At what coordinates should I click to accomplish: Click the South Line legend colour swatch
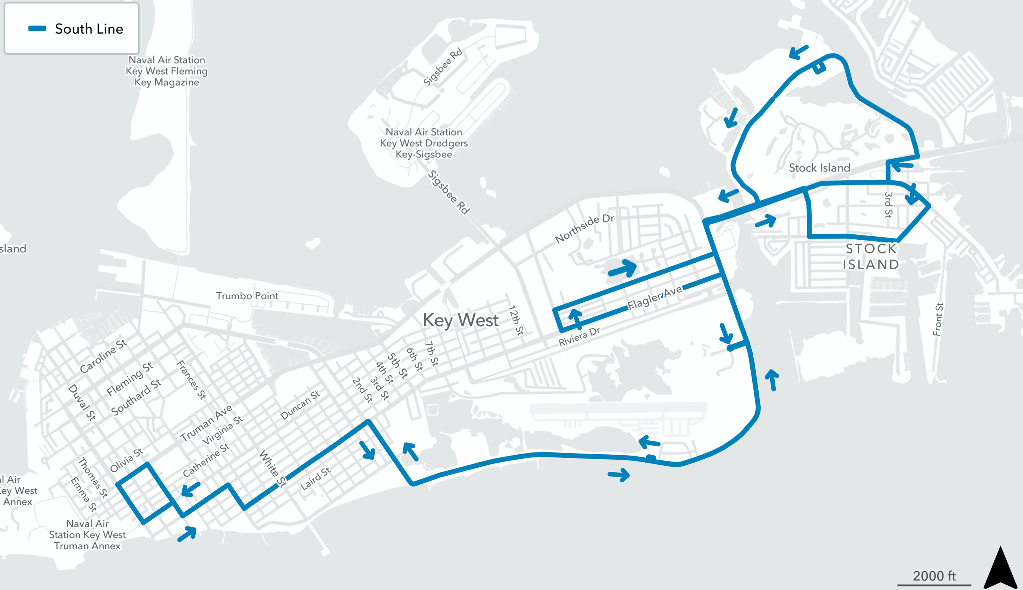pyautogui.click(x=37, y=28)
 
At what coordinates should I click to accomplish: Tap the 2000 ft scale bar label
pyautogui.click(x=934, y=576)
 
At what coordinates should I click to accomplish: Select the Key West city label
pyautogui.click(x=460, y=320)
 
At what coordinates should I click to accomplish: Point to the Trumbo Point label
pyautogui.click(x=247, y=296)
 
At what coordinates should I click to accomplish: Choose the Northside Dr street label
pyautogui.click(x=584, y=229)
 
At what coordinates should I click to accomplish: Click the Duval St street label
pyautogui.click(x=82, y=402)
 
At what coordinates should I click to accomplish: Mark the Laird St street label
pyautogui.click(x=315, y=478)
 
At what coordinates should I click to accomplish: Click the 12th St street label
pyautogui.click(x=516, y=320)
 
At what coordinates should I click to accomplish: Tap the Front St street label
pyautogui.click(x=938, y=319)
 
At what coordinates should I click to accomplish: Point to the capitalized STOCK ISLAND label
pyautogui.click(x=870, y=257)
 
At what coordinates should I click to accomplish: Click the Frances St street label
pyautogui.click(x=191, y=380)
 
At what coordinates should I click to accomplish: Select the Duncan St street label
pyautogui.click(x=300, y=405)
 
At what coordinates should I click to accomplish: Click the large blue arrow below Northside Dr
pyautogui.click(x=623, y=269)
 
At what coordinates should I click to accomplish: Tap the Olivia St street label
pyautogui.click(x=126, y=460)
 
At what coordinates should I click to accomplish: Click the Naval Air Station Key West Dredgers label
pyautogui.click(x=424, y=143)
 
